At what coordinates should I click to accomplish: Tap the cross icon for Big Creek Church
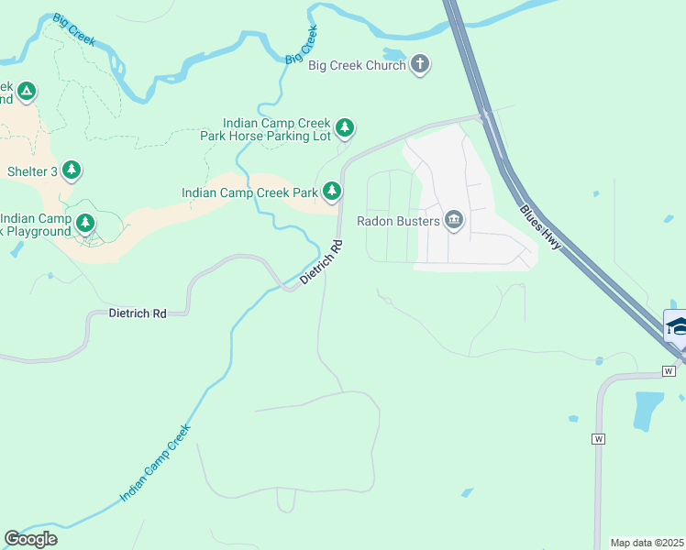420,63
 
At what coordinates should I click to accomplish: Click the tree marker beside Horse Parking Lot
344,127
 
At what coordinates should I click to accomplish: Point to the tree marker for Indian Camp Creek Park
332,192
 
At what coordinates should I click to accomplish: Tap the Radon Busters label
397,220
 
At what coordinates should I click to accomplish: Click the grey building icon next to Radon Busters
454,219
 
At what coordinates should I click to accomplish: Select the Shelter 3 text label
33,171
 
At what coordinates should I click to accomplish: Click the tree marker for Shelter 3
72,170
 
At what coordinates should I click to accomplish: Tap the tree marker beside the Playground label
85,223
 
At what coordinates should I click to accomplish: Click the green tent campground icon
27,92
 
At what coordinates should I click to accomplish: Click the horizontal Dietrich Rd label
138,313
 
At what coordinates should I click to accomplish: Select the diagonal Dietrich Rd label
322,261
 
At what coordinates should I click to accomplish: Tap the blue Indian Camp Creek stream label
155,463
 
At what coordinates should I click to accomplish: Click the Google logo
30,538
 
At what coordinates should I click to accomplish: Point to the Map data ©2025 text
647,543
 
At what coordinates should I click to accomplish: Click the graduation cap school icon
677,326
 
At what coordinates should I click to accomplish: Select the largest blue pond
648,410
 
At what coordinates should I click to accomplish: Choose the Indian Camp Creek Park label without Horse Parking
249,192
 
